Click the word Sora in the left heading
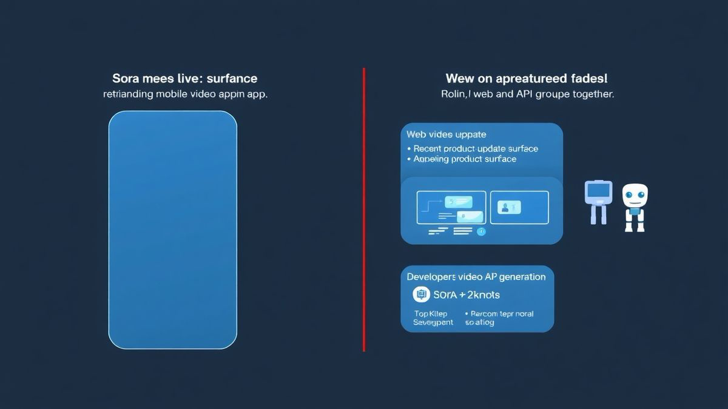click(x=126, y=79)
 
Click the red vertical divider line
click(x=364, y=209)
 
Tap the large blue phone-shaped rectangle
click(x=172, y=230)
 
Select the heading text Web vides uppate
click(x=446, y=135)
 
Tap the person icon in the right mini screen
click(x=505, y=208)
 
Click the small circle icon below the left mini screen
click(x=481, y=231)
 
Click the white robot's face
click(x=635, y=196)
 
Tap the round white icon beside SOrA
click(x=421, y=295)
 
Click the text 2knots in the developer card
click(x=480, y=295)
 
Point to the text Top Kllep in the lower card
click(x=430, y=314)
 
